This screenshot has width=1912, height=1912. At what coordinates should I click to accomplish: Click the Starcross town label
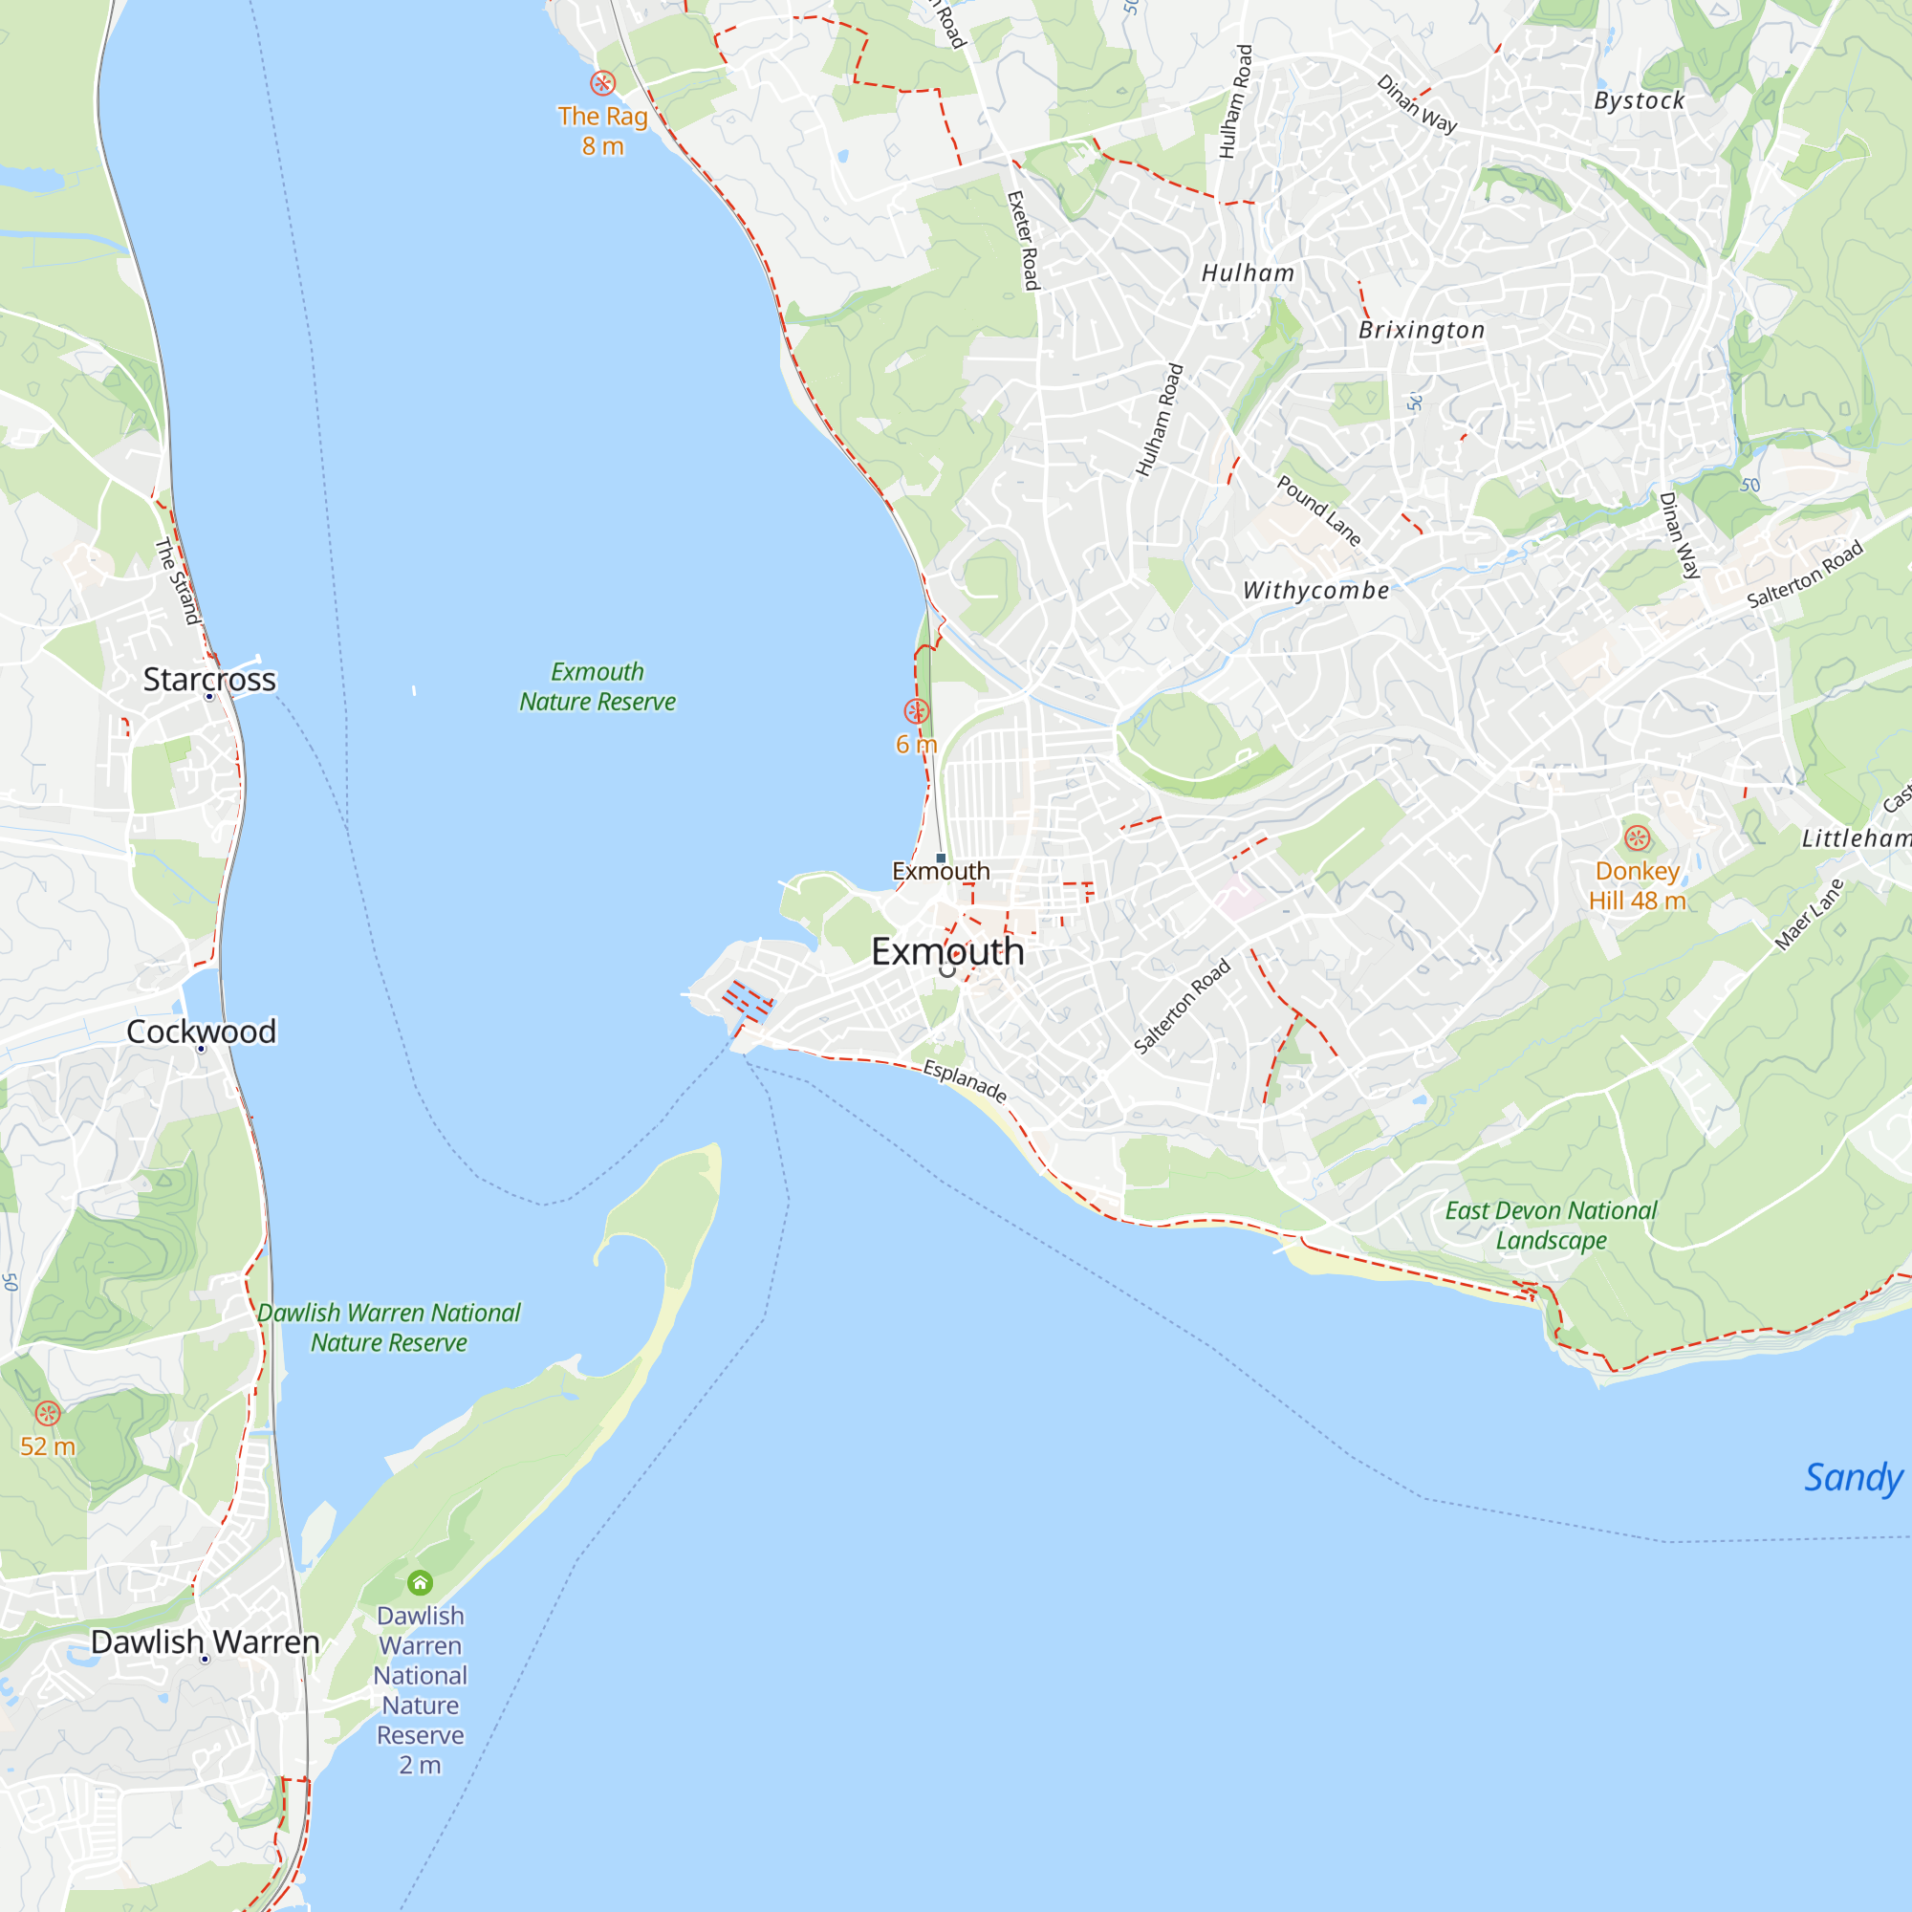click(209, 680)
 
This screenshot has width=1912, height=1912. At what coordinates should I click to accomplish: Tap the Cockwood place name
click(201, 1032)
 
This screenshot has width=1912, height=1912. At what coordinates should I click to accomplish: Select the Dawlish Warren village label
click(205, 1641)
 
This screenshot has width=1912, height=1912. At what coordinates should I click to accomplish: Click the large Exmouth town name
click(947, 951)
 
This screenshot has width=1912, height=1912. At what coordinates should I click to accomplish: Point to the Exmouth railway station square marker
click(940, 858)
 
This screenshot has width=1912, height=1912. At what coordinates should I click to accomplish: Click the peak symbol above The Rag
click(602, 83)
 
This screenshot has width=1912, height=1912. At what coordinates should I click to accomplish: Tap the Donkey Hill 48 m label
click(1637, 886)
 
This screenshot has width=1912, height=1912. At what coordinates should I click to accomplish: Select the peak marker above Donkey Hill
click(1637, 838)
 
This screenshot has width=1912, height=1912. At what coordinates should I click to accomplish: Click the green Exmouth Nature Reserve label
click(597, 686)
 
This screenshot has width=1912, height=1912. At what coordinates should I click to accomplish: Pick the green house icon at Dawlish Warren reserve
click(420, 1582)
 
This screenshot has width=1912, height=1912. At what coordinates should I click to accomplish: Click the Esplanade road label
click(965, 1080)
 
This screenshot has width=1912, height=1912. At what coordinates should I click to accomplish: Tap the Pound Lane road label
click(1318, 511)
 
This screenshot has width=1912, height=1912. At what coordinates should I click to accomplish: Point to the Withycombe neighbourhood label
click(1315, 591)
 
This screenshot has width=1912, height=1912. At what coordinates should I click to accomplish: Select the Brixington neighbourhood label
click(1422, 331)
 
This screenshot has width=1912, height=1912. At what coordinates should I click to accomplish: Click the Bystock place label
click(1639, 101)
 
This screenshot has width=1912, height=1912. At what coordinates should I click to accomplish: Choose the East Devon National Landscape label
click(1550, 1226)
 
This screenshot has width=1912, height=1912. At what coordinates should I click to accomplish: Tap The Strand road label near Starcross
click(179, 581)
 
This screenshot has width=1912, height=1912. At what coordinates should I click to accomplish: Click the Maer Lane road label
click(1809, 915)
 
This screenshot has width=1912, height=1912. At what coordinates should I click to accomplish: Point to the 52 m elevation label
click(48, 1445)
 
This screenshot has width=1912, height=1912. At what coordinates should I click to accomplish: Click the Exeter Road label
click(1023, 241)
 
